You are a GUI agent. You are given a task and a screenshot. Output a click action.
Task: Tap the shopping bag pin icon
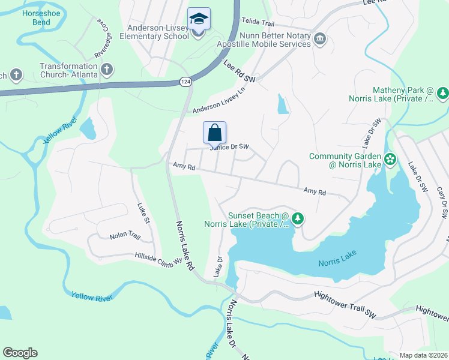215,133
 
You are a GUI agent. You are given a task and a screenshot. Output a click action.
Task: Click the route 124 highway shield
187,81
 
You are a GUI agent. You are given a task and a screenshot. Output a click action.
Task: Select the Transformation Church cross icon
107,69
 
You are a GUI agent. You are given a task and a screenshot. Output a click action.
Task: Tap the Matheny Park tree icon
443,93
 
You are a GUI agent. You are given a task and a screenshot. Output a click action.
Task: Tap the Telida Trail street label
258,22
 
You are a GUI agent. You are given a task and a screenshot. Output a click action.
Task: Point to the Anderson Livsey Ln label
220,101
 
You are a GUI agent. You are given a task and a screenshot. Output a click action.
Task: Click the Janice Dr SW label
229,147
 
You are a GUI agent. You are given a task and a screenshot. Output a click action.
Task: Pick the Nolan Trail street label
124,236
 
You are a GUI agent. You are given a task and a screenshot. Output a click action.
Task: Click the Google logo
20,353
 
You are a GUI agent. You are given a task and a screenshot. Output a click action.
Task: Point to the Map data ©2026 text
423,355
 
